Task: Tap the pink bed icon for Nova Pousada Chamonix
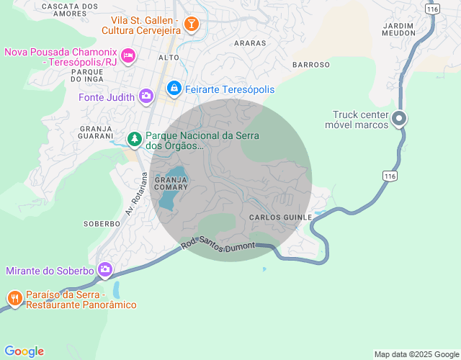128,55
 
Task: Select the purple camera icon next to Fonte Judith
146,96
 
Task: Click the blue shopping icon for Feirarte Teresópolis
174,89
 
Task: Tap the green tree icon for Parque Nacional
134,138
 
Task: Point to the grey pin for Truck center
400,120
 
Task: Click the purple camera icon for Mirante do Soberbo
105,270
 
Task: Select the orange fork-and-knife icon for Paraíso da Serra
14,298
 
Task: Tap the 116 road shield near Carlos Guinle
390,176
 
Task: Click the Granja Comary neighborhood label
171,183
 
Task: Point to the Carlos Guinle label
281,217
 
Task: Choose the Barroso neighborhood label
311,64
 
